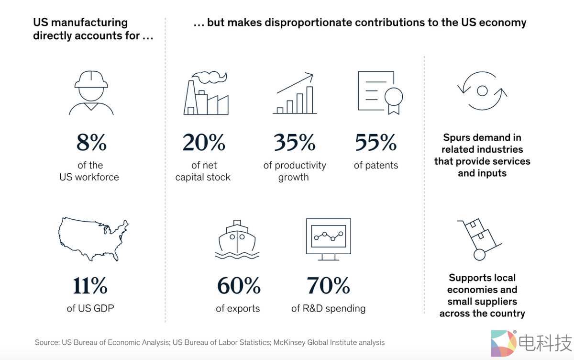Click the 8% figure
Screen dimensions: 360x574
(x=91, y=143)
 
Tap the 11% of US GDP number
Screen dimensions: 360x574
(x=90, y=286)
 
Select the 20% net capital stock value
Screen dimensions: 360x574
(x=203, y=143)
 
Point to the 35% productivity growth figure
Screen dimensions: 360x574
(x=294, y=143)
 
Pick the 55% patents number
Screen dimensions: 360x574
(x=375, y=143)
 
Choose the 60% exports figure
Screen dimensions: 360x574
(x=238, y=286)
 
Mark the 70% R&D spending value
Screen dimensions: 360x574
(x=328, y=286)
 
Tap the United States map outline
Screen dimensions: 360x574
(x=93, y=240)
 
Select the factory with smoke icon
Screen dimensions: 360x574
(x=206, y=94)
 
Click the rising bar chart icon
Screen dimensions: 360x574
(x=294, y=94)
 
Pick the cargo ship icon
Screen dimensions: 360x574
(x=237, y=239)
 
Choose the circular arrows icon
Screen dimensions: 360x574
(x=482, y=90)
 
